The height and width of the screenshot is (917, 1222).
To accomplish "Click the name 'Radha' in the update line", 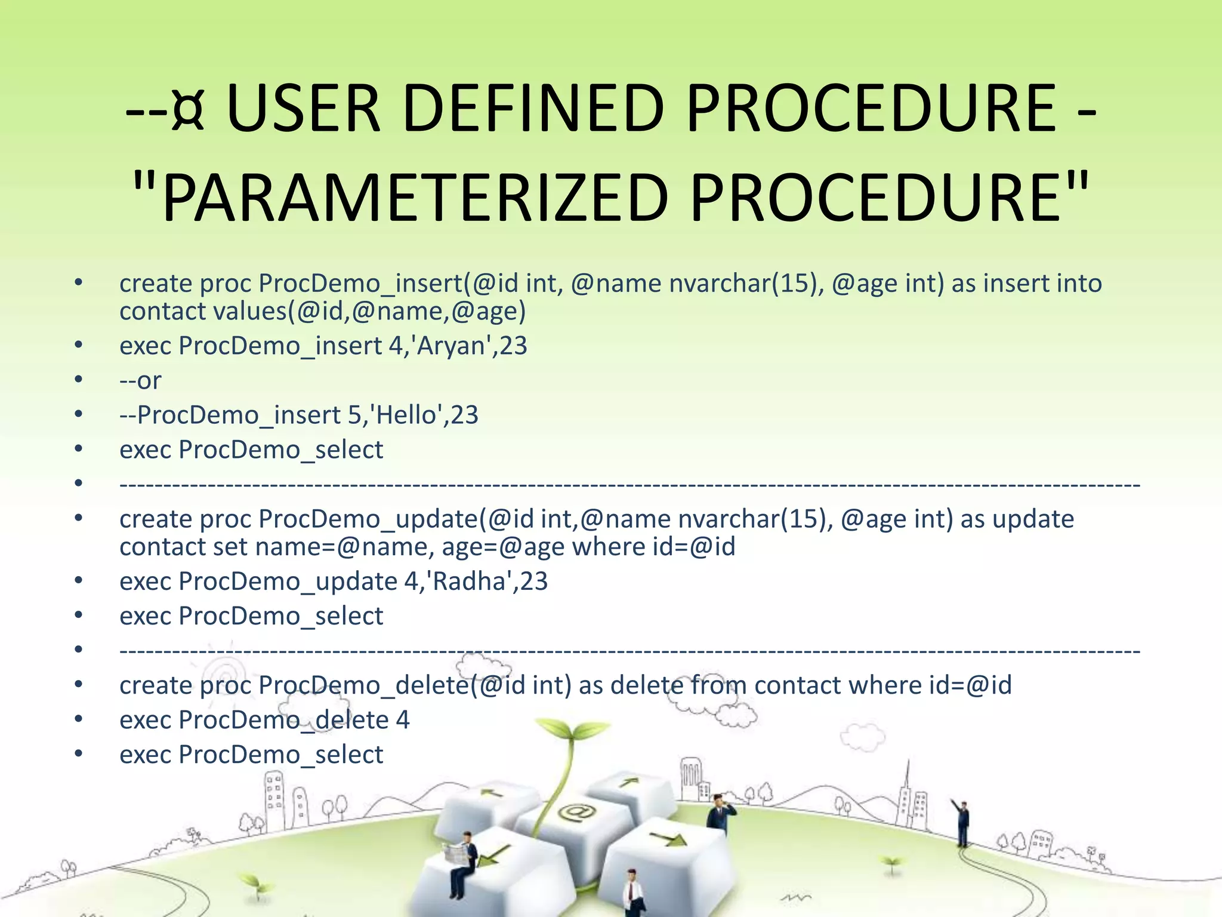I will pyautogui.click(x=470, y=581).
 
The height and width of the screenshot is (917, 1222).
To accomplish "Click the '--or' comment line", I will pyautogui.click(x=140, y=380).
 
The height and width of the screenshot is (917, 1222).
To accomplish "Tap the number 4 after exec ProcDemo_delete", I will pyautogui.click(x=403, y=719).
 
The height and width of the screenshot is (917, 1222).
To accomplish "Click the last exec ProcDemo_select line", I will pyautogui.click(x=251, y=754).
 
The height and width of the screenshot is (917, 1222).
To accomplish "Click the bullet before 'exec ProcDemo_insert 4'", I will pyautogui.click(x=78, y=344).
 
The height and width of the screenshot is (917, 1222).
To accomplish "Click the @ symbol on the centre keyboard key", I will pyautogui.click(x=576, y=813).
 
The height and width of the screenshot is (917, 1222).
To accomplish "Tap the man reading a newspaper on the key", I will pyautogui.click(x=463, y=860).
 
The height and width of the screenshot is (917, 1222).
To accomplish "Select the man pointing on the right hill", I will pyautogui.click(x=962, y=822).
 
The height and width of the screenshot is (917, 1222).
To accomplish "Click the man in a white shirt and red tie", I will pyautogui.click(x=631, y=893).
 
